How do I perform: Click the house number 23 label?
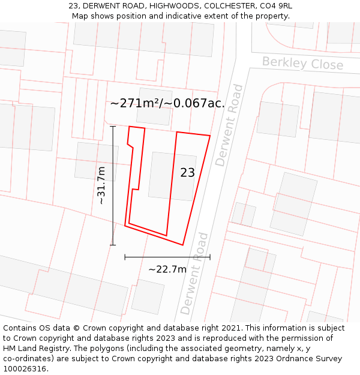[x=187, y=173]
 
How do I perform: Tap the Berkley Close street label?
[x=302, y=64]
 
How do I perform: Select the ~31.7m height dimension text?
[x=101, y=185]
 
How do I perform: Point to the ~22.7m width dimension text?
[x=167, y=269]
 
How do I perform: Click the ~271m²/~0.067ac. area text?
[x=167, y=103]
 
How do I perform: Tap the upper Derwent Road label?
[x=229, y=125]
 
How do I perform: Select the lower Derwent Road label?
[x=194, y=274]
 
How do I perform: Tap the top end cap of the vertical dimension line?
[x=113, y=127]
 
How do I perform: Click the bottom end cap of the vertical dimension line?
[x=113, y=245]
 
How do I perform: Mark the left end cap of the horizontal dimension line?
[x=125, y=257]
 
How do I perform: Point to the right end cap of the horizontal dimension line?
[x=210, y=257]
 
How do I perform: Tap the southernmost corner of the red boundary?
[x=182, y=245]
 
